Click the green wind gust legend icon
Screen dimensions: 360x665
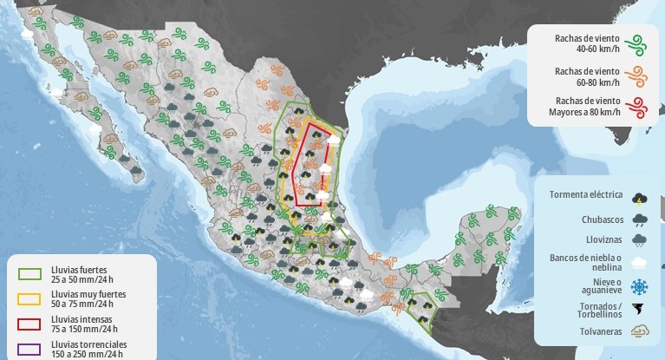(x=638, y=42)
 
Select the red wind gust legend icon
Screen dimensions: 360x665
(x=638, y=107)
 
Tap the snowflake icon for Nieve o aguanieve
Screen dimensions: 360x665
(x=640, y=286)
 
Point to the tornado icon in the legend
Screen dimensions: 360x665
(x=640, y=309)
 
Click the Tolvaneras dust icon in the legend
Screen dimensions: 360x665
(x=640, y=331)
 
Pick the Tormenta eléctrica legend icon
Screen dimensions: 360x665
(x=640, y=197)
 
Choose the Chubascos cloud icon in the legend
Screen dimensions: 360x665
(x=640, y=219)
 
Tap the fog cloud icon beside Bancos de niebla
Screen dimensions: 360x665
(x=640, y=262)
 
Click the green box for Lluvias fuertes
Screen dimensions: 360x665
(x=30, y=274)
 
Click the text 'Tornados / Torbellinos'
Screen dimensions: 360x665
(x=587, y=311)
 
